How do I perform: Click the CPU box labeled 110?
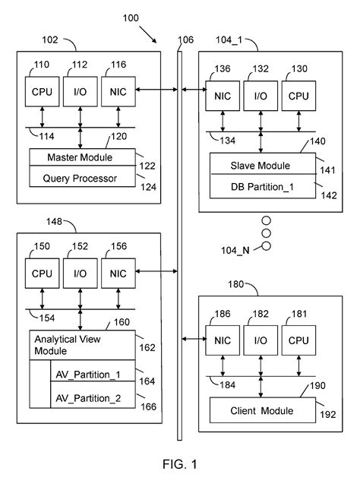tap(39, 92)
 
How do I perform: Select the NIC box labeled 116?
tap(118, 92)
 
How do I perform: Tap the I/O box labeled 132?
tap(261, 96)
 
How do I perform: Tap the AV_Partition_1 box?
tap(92, 375)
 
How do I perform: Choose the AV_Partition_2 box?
tap(92, 397)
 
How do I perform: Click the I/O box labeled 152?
tap(80, 274)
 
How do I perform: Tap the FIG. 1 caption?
tap(179, 463)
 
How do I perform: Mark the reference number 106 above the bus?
tap(185, 40)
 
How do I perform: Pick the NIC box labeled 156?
tap(118, 274)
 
